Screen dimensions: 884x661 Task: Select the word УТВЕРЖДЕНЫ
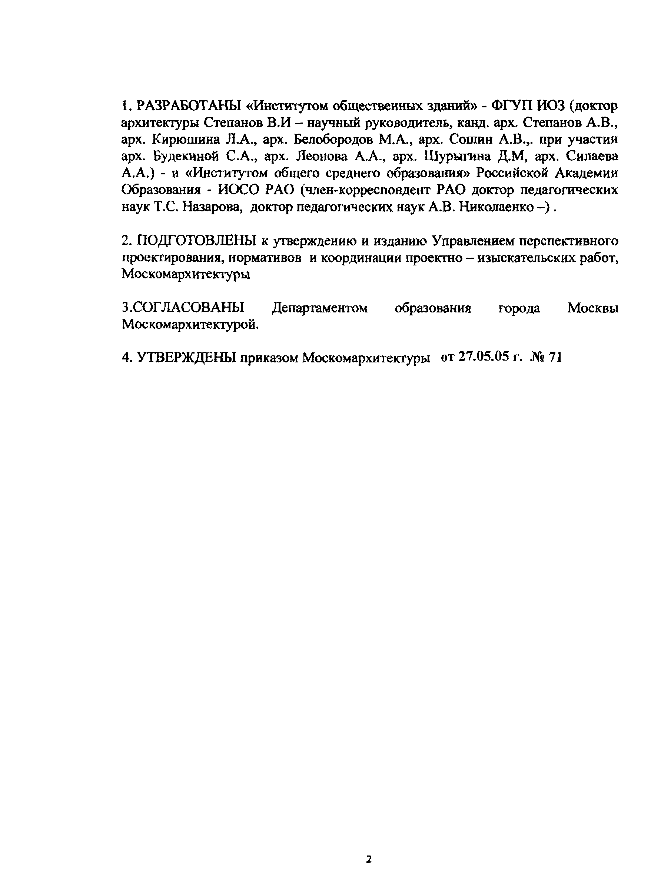pyautogui.click(x=186, y=357)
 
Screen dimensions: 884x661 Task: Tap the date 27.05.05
pyautogui.click(x=483, y=356)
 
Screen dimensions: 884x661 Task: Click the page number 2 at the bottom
pyautogui.click(x=369, y=859)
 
